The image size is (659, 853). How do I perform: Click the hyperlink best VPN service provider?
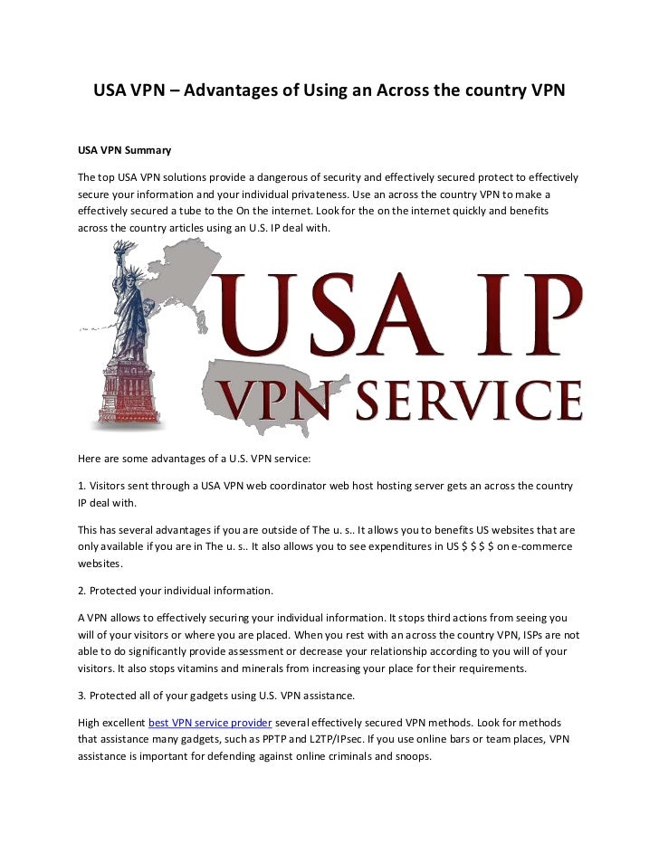[209, 723]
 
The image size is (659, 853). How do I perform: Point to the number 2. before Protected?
[81, 591]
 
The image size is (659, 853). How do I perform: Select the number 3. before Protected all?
[81, 696]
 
